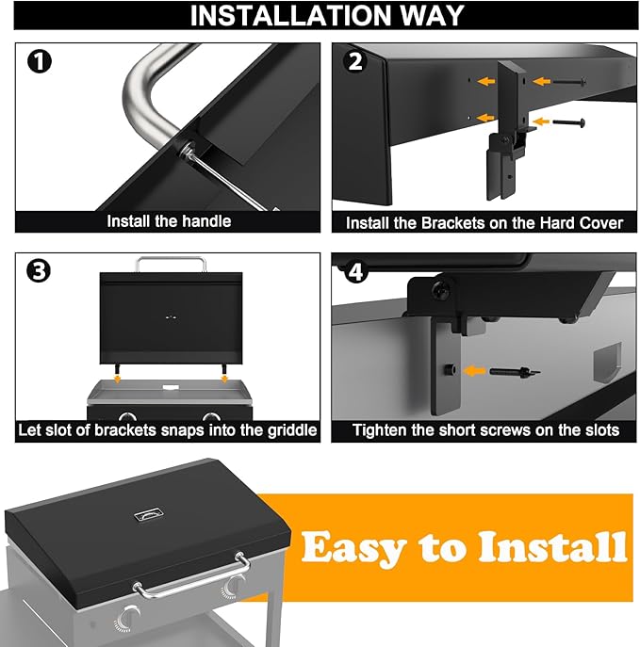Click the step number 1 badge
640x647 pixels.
tap(40, 62)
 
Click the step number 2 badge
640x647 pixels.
tap(355, 62)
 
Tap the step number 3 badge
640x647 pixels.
tap(39, 271)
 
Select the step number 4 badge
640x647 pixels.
tap(355, 272)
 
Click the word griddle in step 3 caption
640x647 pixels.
tap(292, 430)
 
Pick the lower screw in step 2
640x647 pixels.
tap(569, 122)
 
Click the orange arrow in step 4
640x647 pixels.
tap(475, 371)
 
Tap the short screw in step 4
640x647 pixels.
tap(515, 371)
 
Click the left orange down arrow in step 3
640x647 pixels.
tap(118, 378)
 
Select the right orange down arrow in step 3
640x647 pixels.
tap(224, 378)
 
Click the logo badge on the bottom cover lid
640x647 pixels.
tap(149, 515)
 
